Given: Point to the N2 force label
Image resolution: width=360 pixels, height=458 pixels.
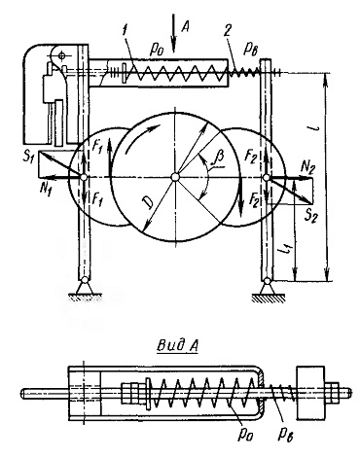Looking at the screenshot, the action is pyautogui.click(x=308, y=167).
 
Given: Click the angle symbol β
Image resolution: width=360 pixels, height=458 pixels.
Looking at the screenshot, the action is pyautogui.click(x=220, y=160).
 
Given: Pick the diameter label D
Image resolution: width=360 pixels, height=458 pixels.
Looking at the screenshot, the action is pyautogui.click(x=148, y=202).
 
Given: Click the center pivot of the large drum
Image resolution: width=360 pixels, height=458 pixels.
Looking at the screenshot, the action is pyautogui.click(x=174, y=177).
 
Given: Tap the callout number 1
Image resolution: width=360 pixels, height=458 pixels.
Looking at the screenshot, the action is pyautogui.click(x=125, y=33).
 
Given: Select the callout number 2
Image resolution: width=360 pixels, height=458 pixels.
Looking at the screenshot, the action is pyautogui.click(x=228, y=31).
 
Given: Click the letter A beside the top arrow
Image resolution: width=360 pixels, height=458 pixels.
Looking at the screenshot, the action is pyautogui.click(x=185, y=27).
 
